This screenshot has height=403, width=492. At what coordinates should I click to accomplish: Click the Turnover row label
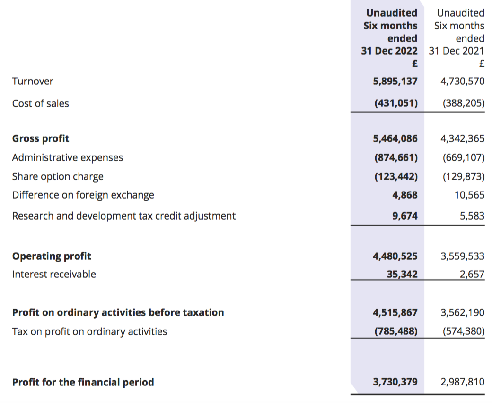(33, 81)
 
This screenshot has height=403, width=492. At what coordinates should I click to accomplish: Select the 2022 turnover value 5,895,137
(395, 82)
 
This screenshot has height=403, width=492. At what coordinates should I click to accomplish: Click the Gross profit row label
(41, 138)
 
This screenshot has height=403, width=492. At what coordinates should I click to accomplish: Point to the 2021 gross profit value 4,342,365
(462, 138)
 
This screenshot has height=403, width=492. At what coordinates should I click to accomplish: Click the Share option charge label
(58, 177)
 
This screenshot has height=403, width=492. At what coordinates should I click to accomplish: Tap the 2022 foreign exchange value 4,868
(405, 195)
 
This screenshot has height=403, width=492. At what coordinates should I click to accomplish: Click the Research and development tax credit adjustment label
(123, 216)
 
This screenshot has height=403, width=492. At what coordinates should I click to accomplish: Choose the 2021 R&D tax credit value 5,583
(472, 216)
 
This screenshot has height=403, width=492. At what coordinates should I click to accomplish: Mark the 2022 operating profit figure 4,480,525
(395, 256)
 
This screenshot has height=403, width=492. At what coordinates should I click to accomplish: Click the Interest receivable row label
(54, 274)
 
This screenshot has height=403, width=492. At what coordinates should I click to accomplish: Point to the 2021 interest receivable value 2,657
(472, 275)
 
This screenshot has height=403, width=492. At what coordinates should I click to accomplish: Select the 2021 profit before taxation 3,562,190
(462, 313)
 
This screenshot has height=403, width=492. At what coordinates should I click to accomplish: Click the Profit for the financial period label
(83, 382)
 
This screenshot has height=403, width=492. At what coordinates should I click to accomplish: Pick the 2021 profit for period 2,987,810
(462, 382)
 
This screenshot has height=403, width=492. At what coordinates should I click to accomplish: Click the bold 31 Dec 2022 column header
(389, 51)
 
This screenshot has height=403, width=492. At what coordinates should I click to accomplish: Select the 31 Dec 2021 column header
(457, 51)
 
